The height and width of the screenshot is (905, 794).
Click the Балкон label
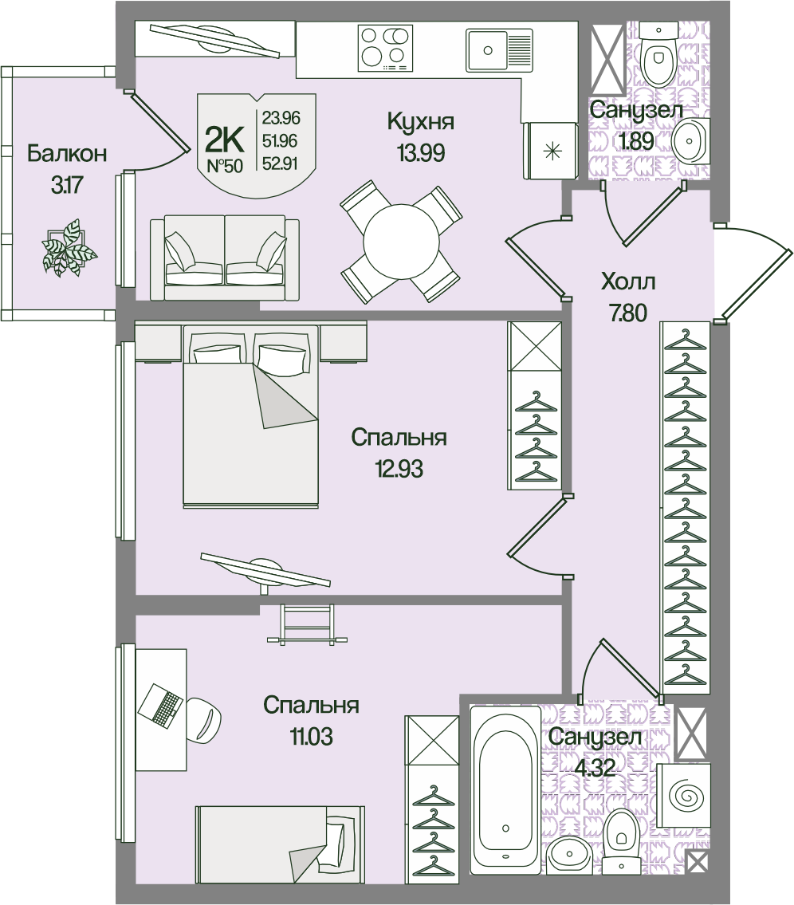[x=67, y=154]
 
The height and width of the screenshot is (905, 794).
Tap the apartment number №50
[x=225, y=167]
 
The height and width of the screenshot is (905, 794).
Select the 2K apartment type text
[x=225, y=140]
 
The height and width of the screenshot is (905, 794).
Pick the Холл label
[x=628, y=282]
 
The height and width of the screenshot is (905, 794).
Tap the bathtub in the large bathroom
[x=505, y=792]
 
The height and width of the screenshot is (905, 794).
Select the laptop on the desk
[x=162, y=705]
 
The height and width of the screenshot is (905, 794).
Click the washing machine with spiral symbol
[x=685, y=793]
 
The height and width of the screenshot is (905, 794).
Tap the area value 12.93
[x=399, y=467]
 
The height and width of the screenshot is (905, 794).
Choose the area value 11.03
[x=310, y=734]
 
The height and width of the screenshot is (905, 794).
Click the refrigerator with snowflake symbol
[x=549, y=151]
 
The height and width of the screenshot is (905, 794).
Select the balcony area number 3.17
[x=67, y=186]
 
